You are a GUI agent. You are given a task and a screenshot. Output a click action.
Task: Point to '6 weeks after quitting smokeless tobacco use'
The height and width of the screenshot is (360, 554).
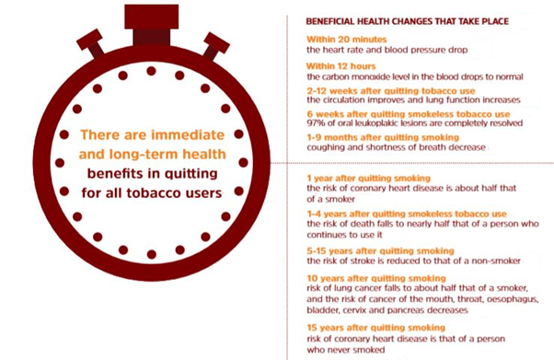point(400,114)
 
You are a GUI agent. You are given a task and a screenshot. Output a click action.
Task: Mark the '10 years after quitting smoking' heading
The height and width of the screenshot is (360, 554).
point(372,277)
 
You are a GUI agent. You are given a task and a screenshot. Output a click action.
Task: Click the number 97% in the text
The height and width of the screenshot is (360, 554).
point(317,124)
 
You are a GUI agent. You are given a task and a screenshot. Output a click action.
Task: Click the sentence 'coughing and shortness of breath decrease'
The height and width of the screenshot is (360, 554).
point(396,148)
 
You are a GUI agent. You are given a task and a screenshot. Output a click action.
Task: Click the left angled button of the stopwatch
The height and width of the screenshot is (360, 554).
point(89,42)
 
